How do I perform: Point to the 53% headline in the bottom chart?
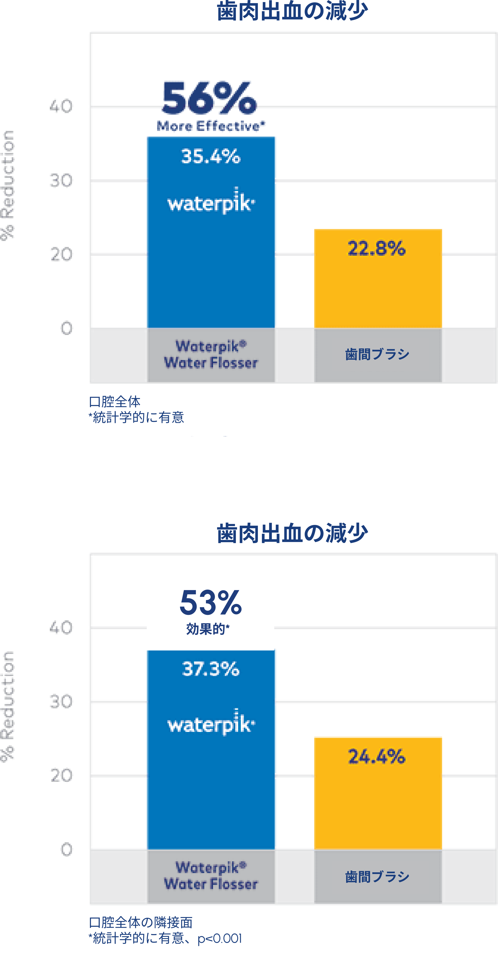pyautogui.click(x=210, y=603)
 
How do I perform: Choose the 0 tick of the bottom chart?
pyautogui.click(x=66, y=850)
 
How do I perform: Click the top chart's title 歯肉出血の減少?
pyautogui.click(x=292, y=11)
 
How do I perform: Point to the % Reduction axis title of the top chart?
pyautogui.click(x=7, y=186)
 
